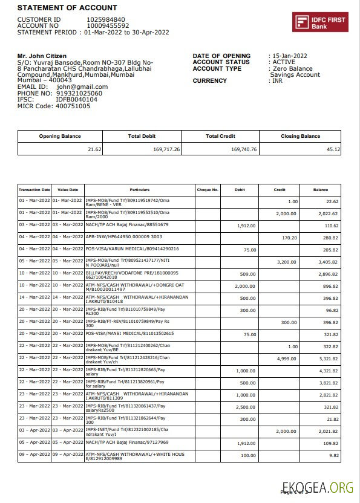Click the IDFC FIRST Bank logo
pyautogui.click(x=320, y=22)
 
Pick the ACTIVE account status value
pyautogui.click(x=283, y=62)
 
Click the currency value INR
pyautogui.click(x=277, y=80)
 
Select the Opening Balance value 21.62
pyautogui.click(x=94, y=149)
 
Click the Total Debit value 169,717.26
pyautogui.click(x=166, y=149)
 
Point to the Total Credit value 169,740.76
pyautogui.click(x=244, y=149)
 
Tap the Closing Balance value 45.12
pyautogui.click(x=333, y=149)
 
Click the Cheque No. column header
pyautogui.click(x=208, y=190)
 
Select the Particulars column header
pyautogui.click(x=139, y=190)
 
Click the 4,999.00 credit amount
pyautogui.click(x=287, y=359)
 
